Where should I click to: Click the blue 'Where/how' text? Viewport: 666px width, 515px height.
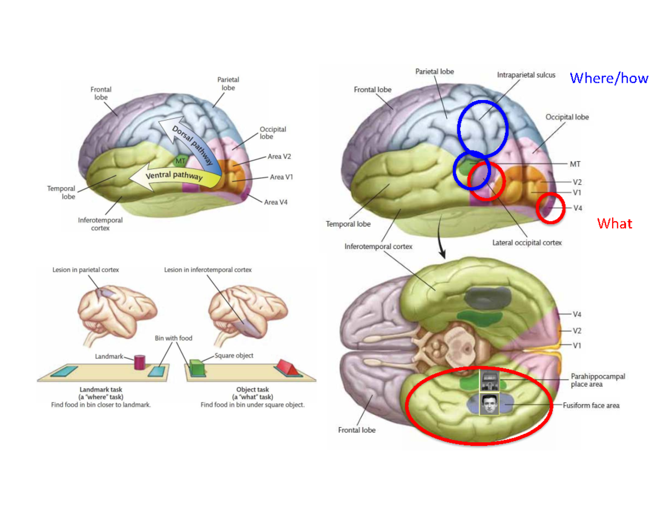coord(609,78)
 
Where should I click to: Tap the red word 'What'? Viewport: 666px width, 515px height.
coord(614,223)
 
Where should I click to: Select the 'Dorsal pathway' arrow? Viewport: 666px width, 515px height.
coord(191,142)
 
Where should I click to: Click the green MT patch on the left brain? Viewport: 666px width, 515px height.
coord(180,161)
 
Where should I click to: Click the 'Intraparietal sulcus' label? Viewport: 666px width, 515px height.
coord(526,75)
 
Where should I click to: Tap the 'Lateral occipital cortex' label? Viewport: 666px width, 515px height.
coord(527,243)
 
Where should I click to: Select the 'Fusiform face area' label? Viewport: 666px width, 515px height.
coord(591,406)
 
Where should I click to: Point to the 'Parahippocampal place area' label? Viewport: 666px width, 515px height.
coord(598,380)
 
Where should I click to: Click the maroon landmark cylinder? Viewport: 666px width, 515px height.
coord(139,362)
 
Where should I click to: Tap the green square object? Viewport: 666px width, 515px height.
coord(196,368)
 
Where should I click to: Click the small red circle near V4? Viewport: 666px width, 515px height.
coord(552,208)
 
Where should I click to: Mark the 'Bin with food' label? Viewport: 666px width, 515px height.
coord(174,338)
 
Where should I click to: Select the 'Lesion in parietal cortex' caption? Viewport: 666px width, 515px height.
coord(85,270)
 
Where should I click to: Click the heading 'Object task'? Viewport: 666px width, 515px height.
coord(253,390)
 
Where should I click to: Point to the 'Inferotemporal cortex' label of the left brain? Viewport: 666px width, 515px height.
coord(100,224)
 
